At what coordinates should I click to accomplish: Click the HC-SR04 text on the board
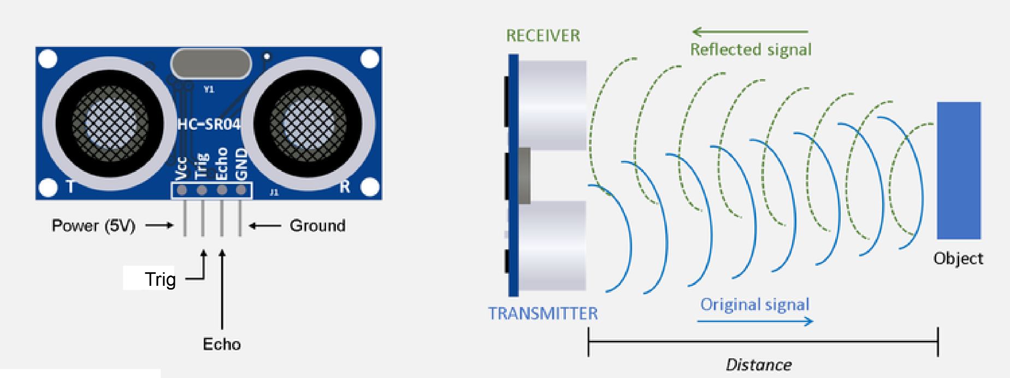[209, 125]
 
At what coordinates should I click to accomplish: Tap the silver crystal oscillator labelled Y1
[211, 64]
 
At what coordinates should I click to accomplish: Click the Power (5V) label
[93, 226]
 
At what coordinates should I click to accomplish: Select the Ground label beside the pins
[317, 226]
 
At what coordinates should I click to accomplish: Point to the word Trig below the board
[160, 279]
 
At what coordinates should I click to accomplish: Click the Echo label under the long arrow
[222, 344]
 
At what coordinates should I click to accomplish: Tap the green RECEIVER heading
[543, 36]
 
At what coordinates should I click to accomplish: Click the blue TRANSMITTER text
[543, 314]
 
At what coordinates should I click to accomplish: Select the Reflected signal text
[751, 50]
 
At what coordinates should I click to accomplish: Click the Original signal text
[755, 304]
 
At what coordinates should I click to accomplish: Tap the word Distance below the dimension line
[759, 364]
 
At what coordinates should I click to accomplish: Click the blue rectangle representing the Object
[959, 170]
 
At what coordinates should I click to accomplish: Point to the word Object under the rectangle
[958, 259]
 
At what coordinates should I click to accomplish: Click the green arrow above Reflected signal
[749, 32]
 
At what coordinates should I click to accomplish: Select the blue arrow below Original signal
[755, 321]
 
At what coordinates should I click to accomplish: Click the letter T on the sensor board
[70, 187]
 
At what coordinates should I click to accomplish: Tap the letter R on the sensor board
[345, 187]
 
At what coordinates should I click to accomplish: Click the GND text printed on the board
[241, 164]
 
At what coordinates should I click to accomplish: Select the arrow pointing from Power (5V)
[160, 225]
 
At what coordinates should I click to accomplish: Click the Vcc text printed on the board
[181, 168]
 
